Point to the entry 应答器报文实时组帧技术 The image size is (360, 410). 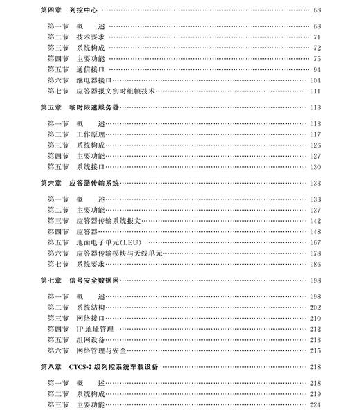click(113, 91)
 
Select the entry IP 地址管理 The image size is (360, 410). click(95, 329)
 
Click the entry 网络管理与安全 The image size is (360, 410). click(98, 351)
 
